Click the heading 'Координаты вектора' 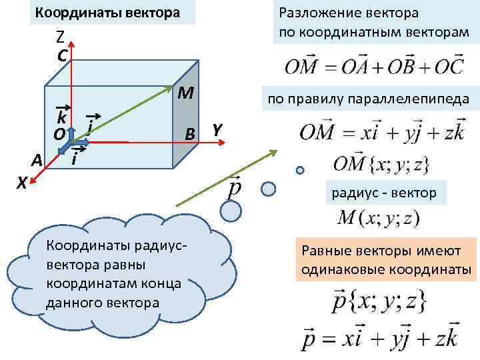pos(107,13)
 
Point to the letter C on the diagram pos(61,56)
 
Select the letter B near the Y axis pos(190,133)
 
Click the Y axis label pos(217,129)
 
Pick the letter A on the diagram pos(37,161)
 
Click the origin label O pos(59,135)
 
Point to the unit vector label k pos(61,118)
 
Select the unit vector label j pos(90,124)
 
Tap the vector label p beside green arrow pos(235,187)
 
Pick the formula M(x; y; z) pos(379,217)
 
